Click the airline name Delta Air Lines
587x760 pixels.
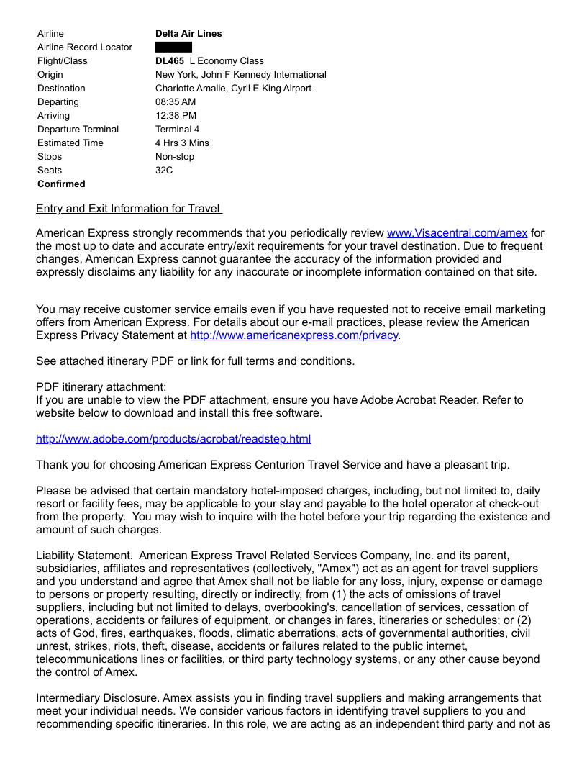[x=188, y=34]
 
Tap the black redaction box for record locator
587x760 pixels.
[x=173, y=47]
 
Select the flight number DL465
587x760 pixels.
[x=170, y=61]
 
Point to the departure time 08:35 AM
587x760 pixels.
[x=176, y=102]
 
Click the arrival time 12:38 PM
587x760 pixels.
[x=176, y=116]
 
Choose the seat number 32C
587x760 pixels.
[x=164, y=171]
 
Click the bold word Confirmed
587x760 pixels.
[x=61, y=184]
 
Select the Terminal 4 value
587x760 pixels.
[x=177, y=130]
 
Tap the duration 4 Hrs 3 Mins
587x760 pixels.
[x=182, y=143]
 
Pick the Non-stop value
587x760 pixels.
[x=175, y=157]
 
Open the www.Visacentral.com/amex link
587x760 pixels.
[x=457, y=233]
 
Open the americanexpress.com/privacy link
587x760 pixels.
[x=293, y=336]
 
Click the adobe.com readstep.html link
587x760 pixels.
[x=173, y=439]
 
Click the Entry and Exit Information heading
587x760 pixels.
[x=128, y=209]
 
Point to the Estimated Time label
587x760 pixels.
[x=70, y=143]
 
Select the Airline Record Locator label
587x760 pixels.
[x=85, y=47]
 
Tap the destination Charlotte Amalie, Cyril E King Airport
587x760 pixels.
[x=233, y=89]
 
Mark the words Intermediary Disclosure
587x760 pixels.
[x=97, y=698]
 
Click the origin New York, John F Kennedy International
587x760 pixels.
[x=240, y=75]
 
